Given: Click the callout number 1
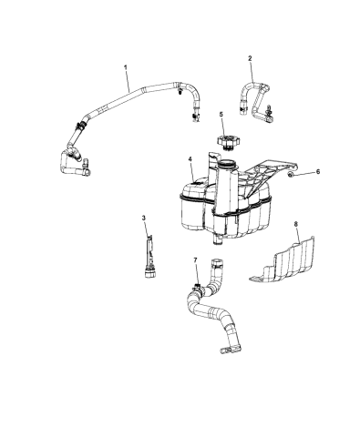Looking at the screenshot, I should click(x=126, y=67).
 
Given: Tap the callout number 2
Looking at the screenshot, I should click(x=250, y=58).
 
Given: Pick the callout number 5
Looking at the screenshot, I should click(x=221, y=115).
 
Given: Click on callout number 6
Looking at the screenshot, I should click(x=316, y=171).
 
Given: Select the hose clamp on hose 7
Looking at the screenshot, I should click(x=191, y=293).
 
